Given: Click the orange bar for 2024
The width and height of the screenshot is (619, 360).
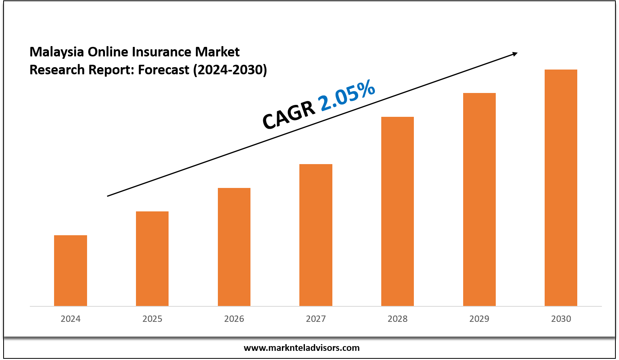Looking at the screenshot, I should pos(70,271).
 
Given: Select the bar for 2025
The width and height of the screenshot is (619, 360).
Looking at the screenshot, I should pos(152,259).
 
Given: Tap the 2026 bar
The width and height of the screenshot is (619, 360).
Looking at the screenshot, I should pos(234,247).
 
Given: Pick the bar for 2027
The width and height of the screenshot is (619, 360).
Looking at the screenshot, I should pos(316,235).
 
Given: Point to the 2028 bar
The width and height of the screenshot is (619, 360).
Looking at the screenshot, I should pos(398,211).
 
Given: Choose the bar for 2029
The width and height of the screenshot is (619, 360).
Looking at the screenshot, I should pos(479,199).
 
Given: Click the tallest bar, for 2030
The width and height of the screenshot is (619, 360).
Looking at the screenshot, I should pos(561,188).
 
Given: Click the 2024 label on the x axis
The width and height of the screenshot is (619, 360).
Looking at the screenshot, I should pos(70,319).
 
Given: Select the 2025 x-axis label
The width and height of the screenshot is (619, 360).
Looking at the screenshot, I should pos(152,319).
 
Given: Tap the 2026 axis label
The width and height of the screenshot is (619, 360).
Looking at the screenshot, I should pos(234,319).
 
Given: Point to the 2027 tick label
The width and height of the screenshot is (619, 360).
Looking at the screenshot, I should pos(316,319).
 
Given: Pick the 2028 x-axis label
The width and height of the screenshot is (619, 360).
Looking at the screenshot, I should pos(398,319).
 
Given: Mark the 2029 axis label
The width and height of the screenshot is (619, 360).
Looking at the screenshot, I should pos(479,319).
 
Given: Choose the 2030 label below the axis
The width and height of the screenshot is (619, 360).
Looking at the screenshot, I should pos(561,319).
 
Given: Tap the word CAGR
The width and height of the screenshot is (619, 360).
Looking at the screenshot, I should pos(289,115).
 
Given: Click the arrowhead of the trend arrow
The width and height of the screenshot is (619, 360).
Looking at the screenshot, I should pos(514,54).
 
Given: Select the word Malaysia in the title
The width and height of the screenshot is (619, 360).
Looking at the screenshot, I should pos(56,52).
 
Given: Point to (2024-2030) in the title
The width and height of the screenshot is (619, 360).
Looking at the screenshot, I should pos(230,70).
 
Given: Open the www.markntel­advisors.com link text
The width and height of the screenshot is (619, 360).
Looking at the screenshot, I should pos(301,348).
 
